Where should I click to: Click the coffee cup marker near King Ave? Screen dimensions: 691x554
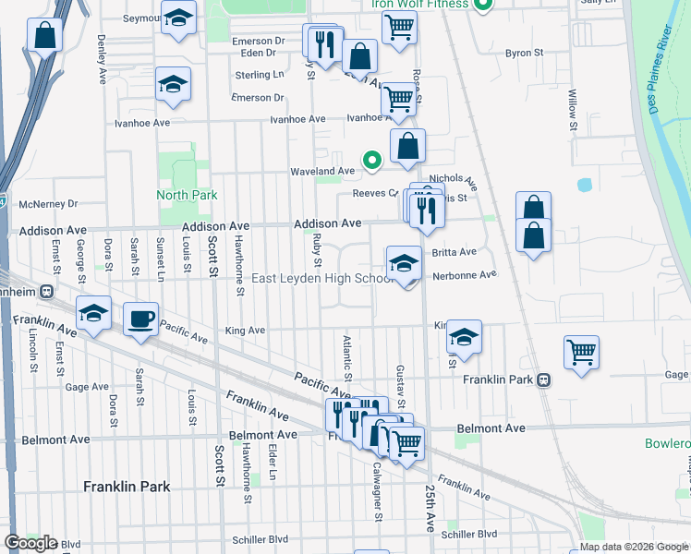click(x=140, y=319)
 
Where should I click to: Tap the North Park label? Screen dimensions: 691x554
click(x=188, y=195)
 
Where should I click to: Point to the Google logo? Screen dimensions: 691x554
click(x=30, y=543)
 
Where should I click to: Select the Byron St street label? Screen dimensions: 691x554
click(x=524, y=54)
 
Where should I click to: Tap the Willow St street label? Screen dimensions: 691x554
click(x=573, y=109)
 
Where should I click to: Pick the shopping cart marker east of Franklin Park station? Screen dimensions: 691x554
click(x=581, y=352)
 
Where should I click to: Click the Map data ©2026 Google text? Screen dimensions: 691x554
click(x=633, y=547)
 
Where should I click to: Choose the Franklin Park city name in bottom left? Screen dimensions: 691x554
click(x=126, y=486)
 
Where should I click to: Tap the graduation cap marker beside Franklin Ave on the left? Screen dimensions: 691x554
click(x=93, y=314)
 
